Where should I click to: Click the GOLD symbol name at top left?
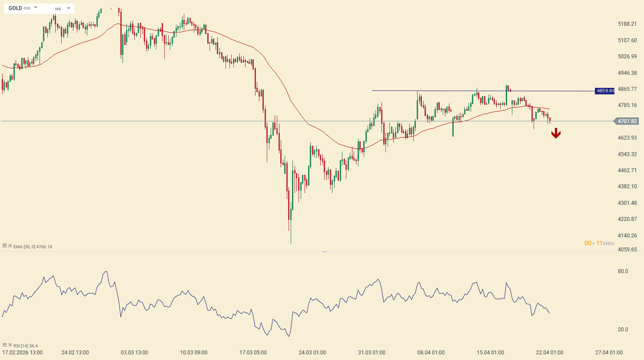pyautogui.click(x=15, y=8)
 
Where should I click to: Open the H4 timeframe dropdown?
pyautogui.click(x=68, y=8)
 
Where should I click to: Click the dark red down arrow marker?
pyautogui.click(x=556, y=134)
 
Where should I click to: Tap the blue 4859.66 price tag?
pyautogui.click(x=605, y=91)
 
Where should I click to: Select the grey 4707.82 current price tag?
pyautogui.click(x=627, y=121)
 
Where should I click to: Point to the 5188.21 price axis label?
pyautogui.click(x=627, y=24)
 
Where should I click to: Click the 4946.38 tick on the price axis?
pyautogui.click(x=627, y=73)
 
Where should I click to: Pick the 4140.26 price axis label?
pyautogui.click(x=627, y=236)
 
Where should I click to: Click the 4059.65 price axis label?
pyautogui.click(x=627, y=250)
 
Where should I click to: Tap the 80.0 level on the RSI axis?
pyautogui.click(x=623, y=271)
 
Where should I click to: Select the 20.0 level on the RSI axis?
pyautogui.click(x=623, y=330)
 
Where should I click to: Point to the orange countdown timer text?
pyautogui.click(x=599, y=243)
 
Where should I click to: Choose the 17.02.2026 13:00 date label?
pyautogui.click(x=23, y=353)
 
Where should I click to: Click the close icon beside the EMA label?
pyautogui.click(x=10, y=246)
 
